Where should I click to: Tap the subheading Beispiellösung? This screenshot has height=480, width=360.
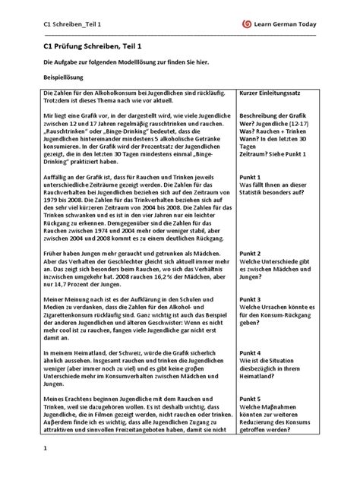pos(62,77)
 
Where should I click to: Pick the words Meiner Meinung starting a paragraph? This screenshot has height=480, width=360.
pos(71,299)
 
